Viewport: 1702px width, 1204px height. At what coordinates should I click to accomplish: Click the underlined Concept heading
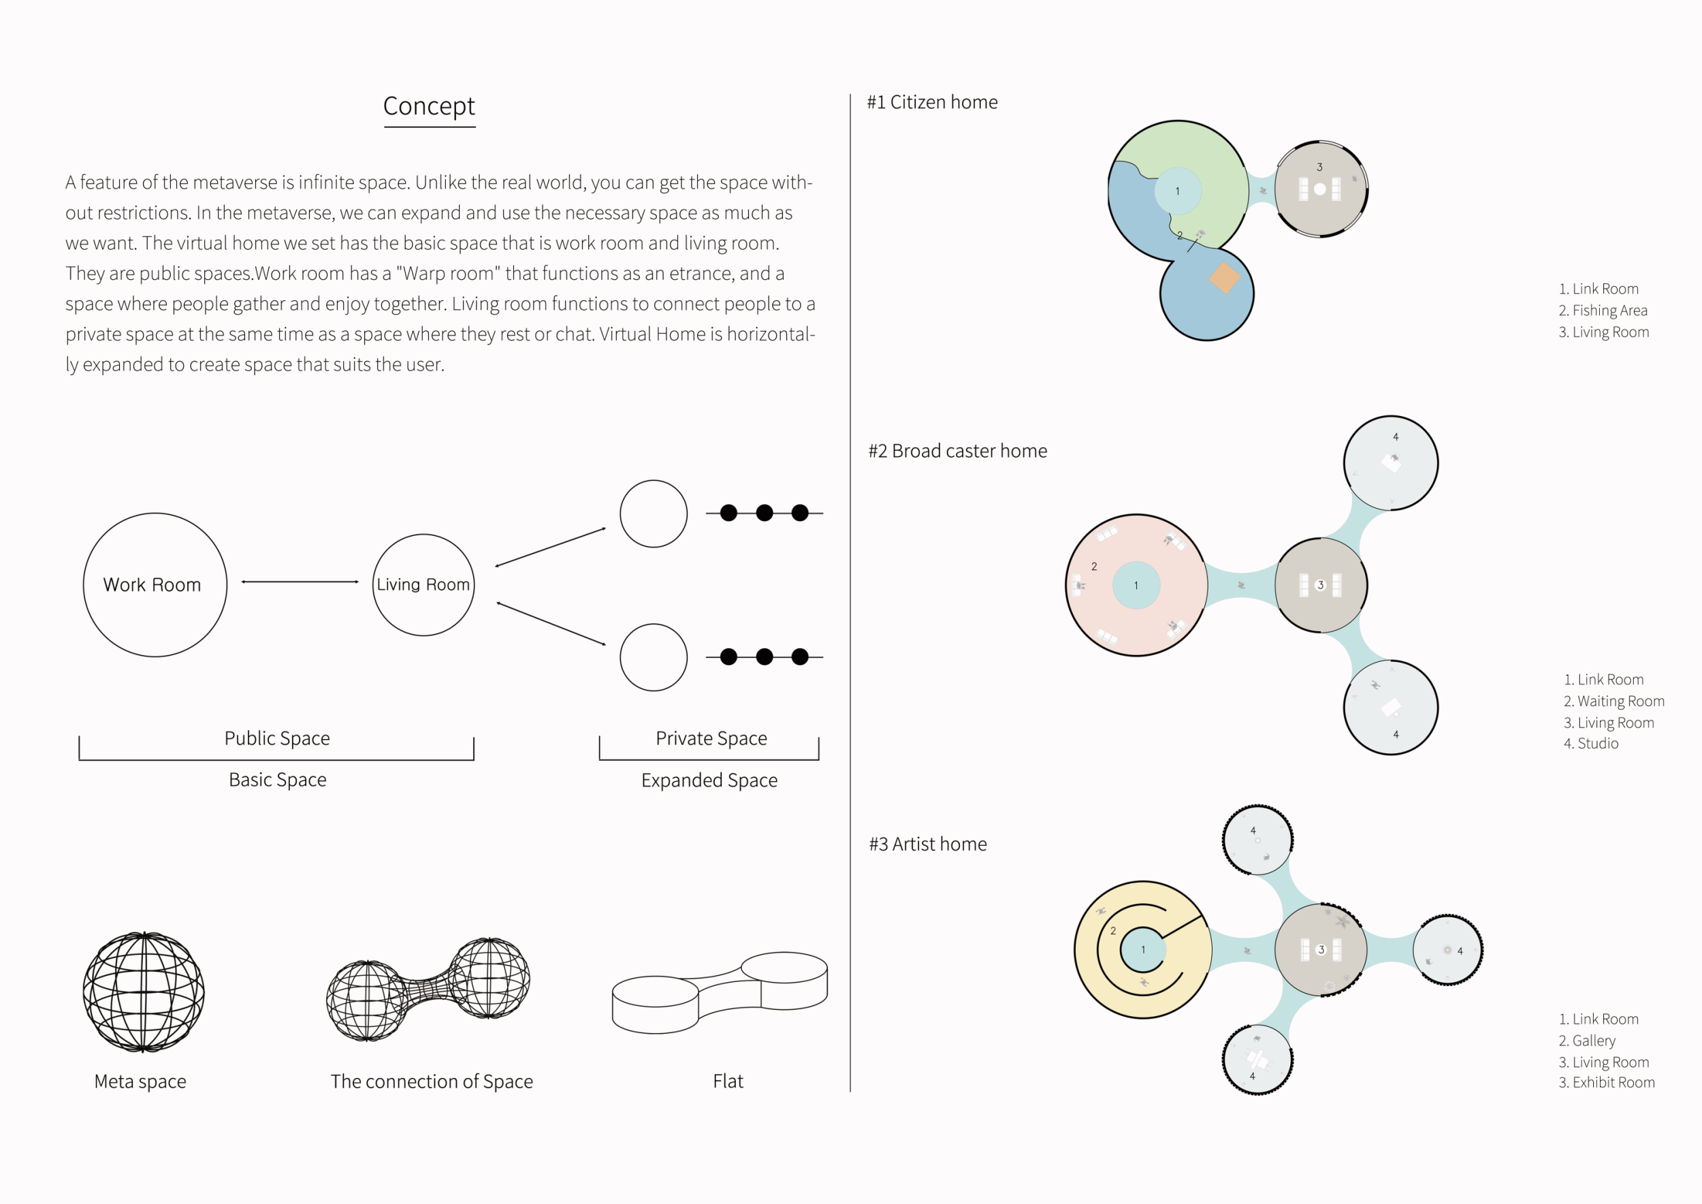[429, 107]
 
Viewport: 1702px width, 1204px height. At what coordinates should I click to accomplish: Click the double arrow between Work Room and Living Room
[300, 582]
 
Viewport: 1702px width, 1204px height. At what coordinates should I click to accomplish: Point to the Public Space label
[277, 738]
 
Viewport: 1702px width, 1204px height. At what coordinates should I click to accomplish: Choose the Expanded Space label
[709, 780]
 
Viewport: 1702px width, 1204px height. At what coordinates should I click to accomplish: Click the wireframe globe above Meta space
[144, 992]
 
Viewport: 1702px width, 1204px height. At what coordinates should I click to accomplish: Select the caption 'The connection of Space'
[432, 1081]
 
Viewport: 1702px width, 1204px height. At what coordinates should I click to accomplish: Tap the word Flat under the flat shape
[728, 1081]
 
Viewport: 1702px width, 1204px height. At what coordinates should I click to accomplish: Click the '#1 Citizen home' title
[933, 102]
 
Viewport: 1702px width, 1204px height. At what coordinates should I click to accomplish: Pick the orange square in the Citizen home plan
[1225, 278]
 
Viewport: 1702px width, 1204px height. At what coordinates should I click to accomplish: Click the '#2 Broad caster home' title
[958, 451]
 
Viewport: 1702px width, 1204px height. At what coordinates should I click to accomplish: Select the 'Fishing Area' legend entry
[1603, 311]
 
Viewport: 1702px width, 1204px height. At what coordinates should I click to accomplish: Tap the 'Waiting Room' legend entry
[1615, 701]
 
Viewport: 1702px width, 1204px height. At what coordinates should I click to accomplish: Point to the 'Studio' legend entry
[1591, 744]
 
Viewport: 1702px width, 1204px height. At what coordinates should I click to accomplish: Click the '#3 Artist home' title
[928, 844]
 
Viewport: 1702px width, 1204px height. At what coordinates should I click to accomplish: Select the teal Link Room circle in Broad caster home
[1136, 586]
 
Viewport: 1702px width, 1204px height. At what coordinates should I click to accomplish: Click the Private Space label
[711, 738]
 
